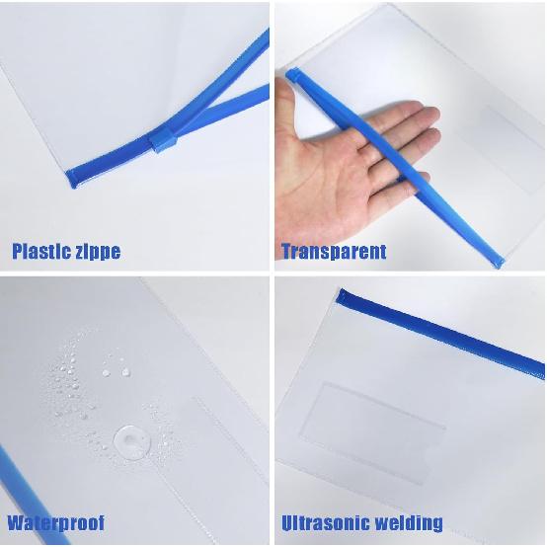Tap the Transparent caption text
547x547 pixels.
334,251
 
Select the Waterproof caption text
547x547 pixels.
55,522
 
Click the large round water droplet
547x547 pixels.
130,437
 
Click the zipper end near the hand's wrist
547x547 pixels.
292,74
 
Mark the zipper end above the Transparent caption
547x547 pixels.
499,262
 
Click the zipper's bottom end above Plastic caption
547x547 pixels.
72,179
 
